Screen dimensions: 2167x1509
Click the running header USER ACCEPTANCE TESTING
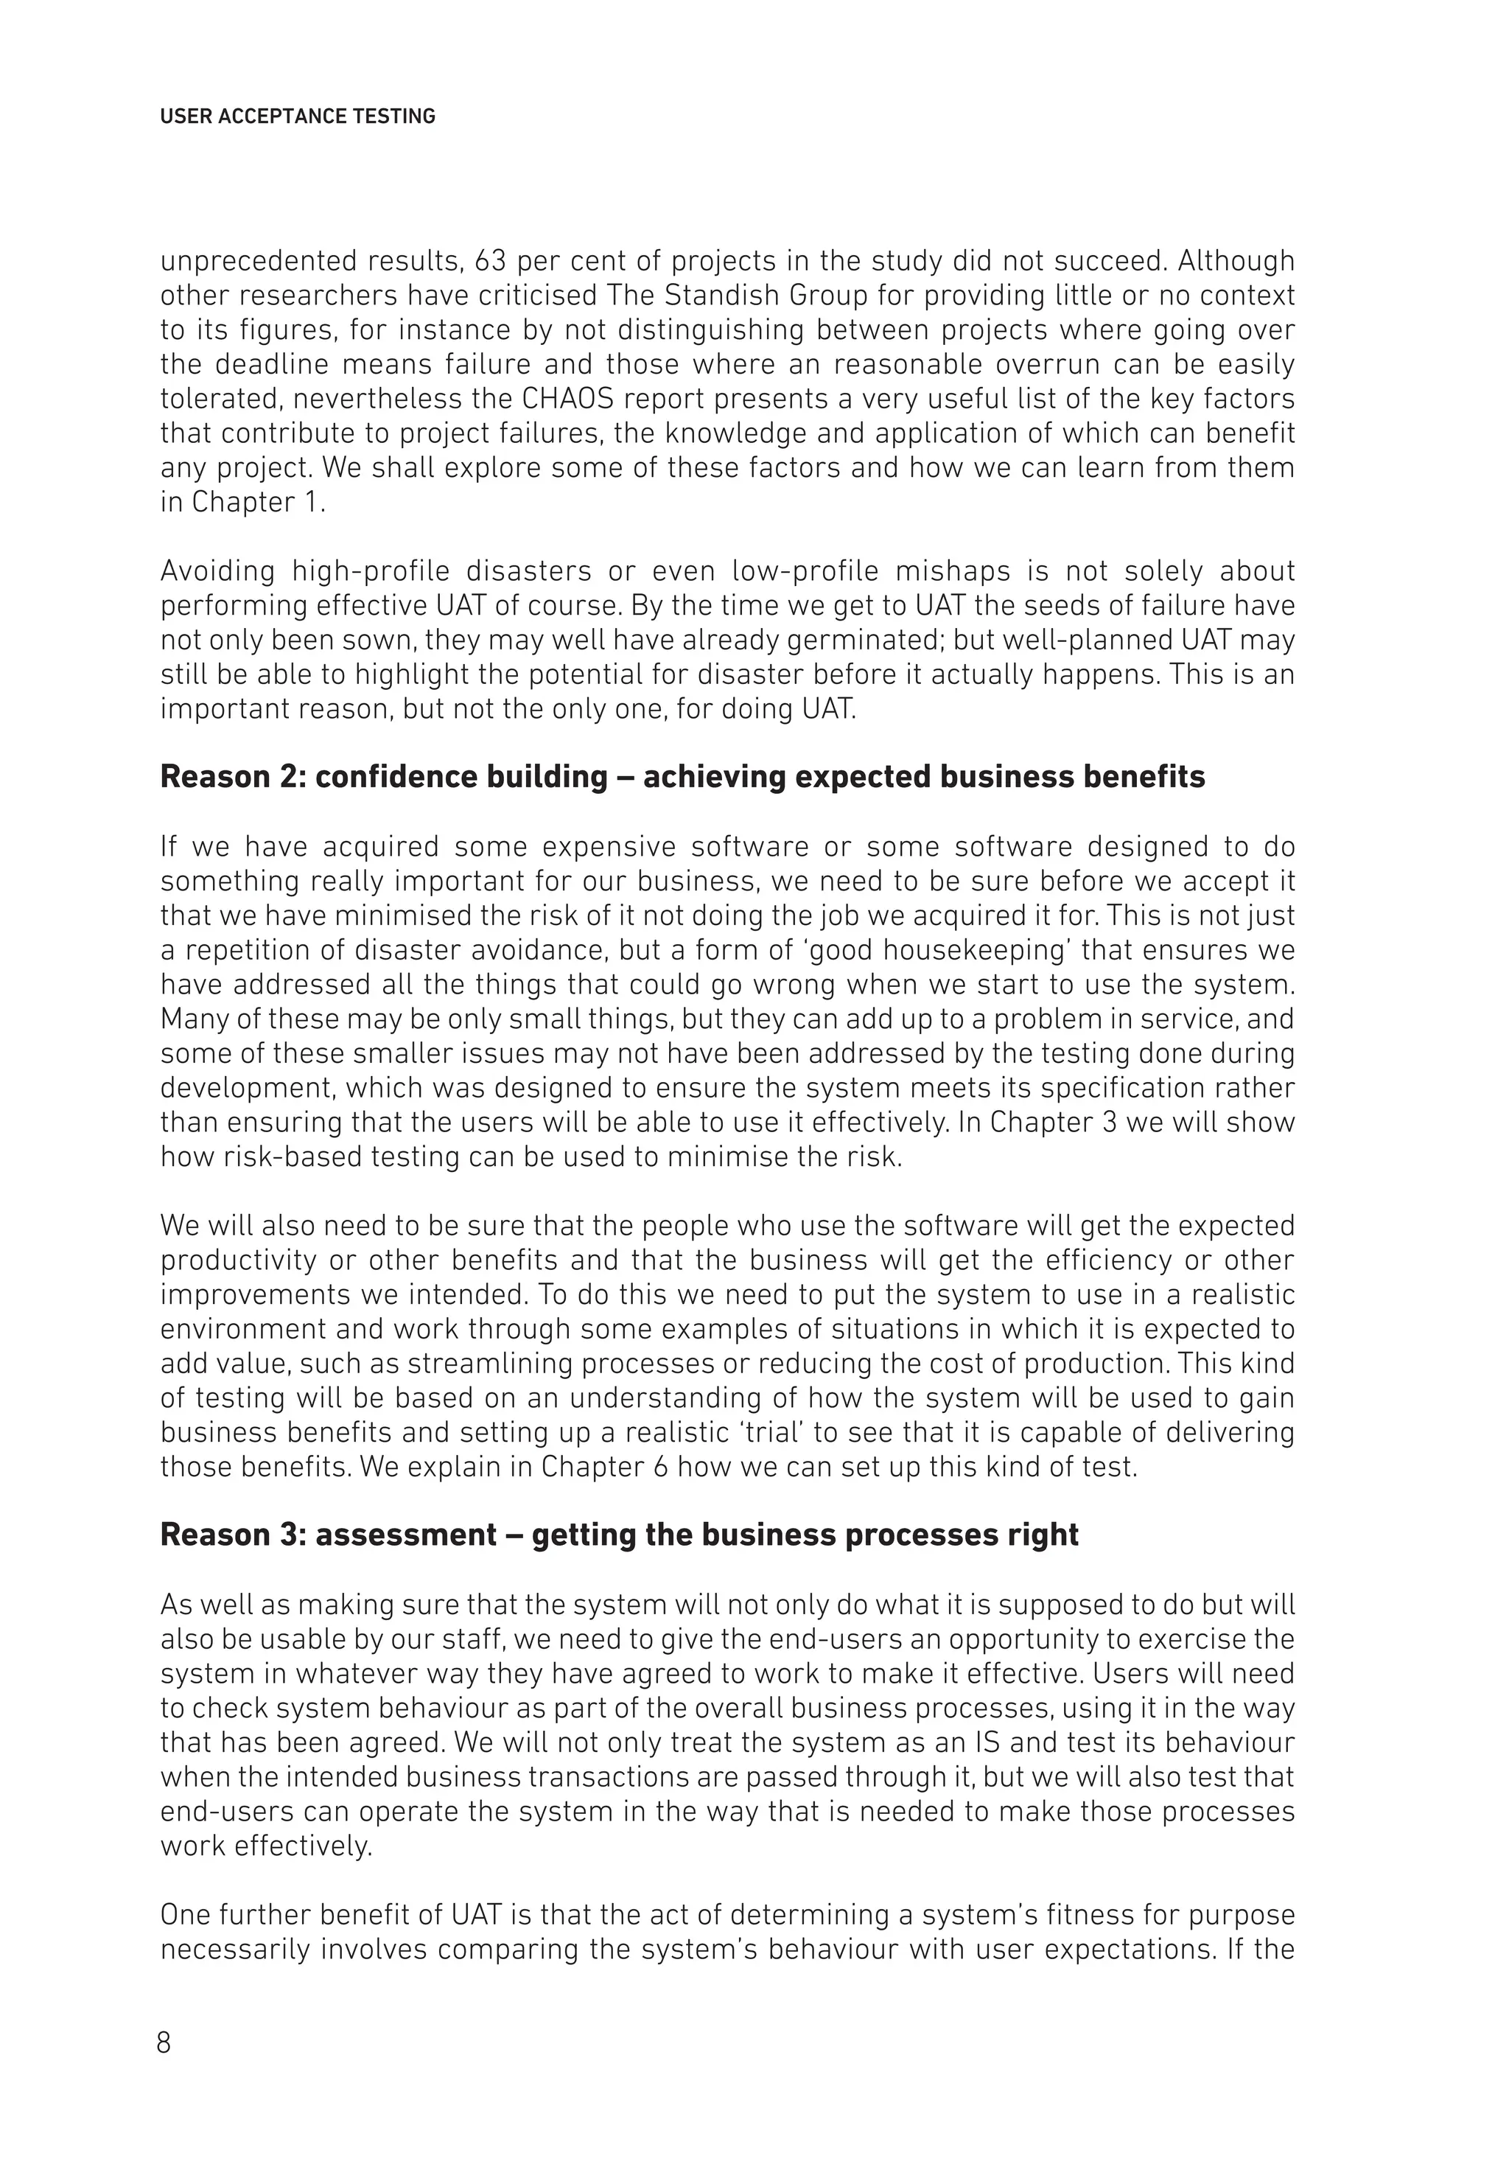click(297, 117)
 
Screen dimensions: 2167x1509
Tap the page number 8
click(164, 2042)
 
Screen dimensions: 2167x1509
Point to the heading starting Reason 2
click(682, 777)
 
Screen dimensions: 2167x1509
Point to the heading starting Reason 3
click(619, 1535)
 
